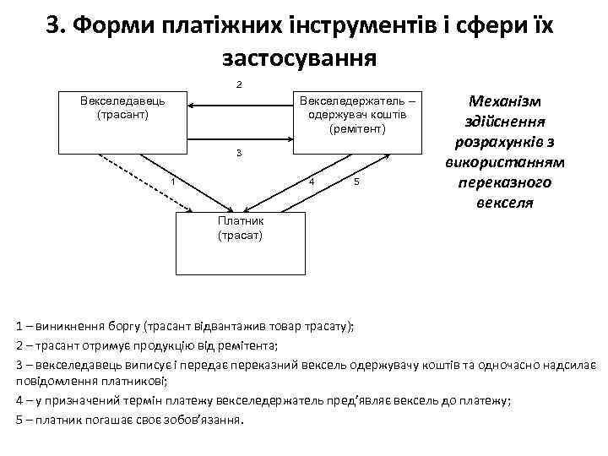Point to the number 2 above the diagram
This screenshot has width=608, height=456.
point(240,84)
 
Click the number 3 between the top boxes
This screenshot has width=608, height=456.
point(240,153)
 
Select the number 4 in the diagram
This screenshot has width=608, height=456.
point(312,182)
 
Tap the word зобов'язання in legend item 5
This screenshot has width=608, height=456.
point(200,420)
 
